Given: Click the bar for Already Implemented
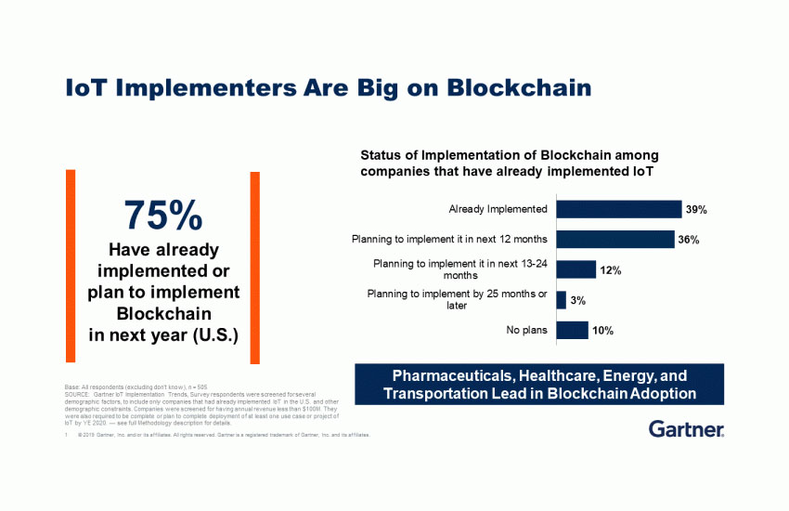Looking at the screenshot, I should pos(617,209).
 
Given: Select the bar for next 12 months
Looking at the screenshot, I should pos(614,240).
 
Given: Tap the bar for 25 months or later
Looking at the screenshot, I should pos(561,300).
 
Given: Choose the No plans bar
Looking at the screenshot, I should pos(572,330).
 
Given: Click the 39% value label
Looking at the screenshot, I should pos(696,210).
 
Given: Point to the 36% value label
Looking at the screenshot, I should pos(688,241).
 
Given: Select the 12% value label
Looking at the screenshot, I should pos(610,270).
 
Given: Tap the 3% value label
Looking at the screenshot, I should pos(577,301).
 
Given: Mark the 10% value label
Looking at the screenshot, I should pos(602,331).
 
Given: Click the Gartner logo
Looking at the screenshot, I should pos(687,429).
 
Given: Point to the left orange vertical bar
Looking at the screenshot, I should pos(71,267).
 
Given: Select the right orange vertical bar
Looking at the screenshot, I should pos(254,267).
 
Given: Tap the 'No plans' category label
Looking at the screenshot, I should pos(527,330).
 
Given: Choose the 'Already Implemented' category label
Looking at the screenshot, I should pos(498,209).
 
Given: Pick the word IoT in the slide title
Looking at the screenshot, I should pos(85,88).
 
